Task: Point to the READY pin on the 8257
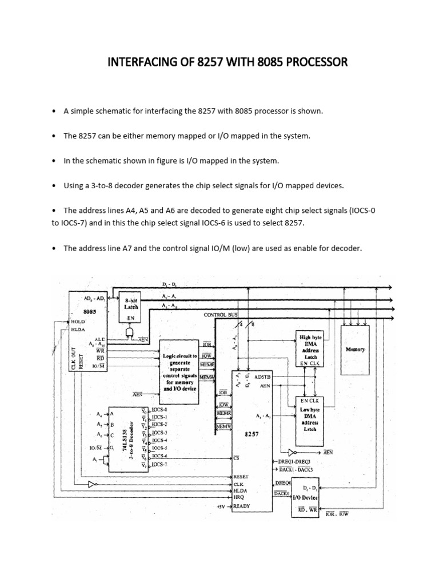click(x=242, y=506)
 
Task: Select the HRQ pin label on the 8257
click(x=240, y=498)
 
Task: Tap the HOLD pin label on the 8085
click(x=78, y=322)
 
